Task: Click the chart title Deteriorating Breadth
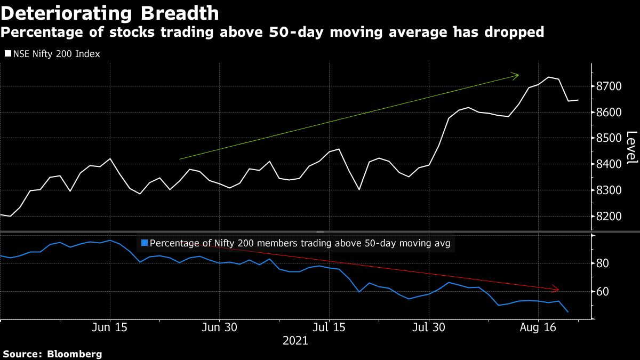coord(110,13)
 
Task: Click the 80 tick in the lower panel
coord(603,263)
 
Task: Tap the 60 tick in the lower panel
coord(603,292)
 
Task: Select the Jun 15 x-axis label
coord(109,327)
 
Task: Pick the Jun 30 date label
coord(219,327)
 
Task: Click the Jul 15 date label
coord(329,327)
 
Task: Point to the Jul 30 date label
coord(428,327)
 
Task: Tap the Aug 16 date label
coord(538,327)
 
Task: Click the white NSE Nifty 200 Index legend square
coord(8,54)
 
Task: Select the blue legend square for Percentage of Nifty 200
coord(144,243)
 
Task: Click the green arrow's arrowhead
coord(516,76)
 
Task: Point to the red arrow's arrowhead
coord(556,289)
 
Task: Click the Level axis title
coord(631,148)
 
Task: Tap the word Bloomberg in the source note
coord(75,354)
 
